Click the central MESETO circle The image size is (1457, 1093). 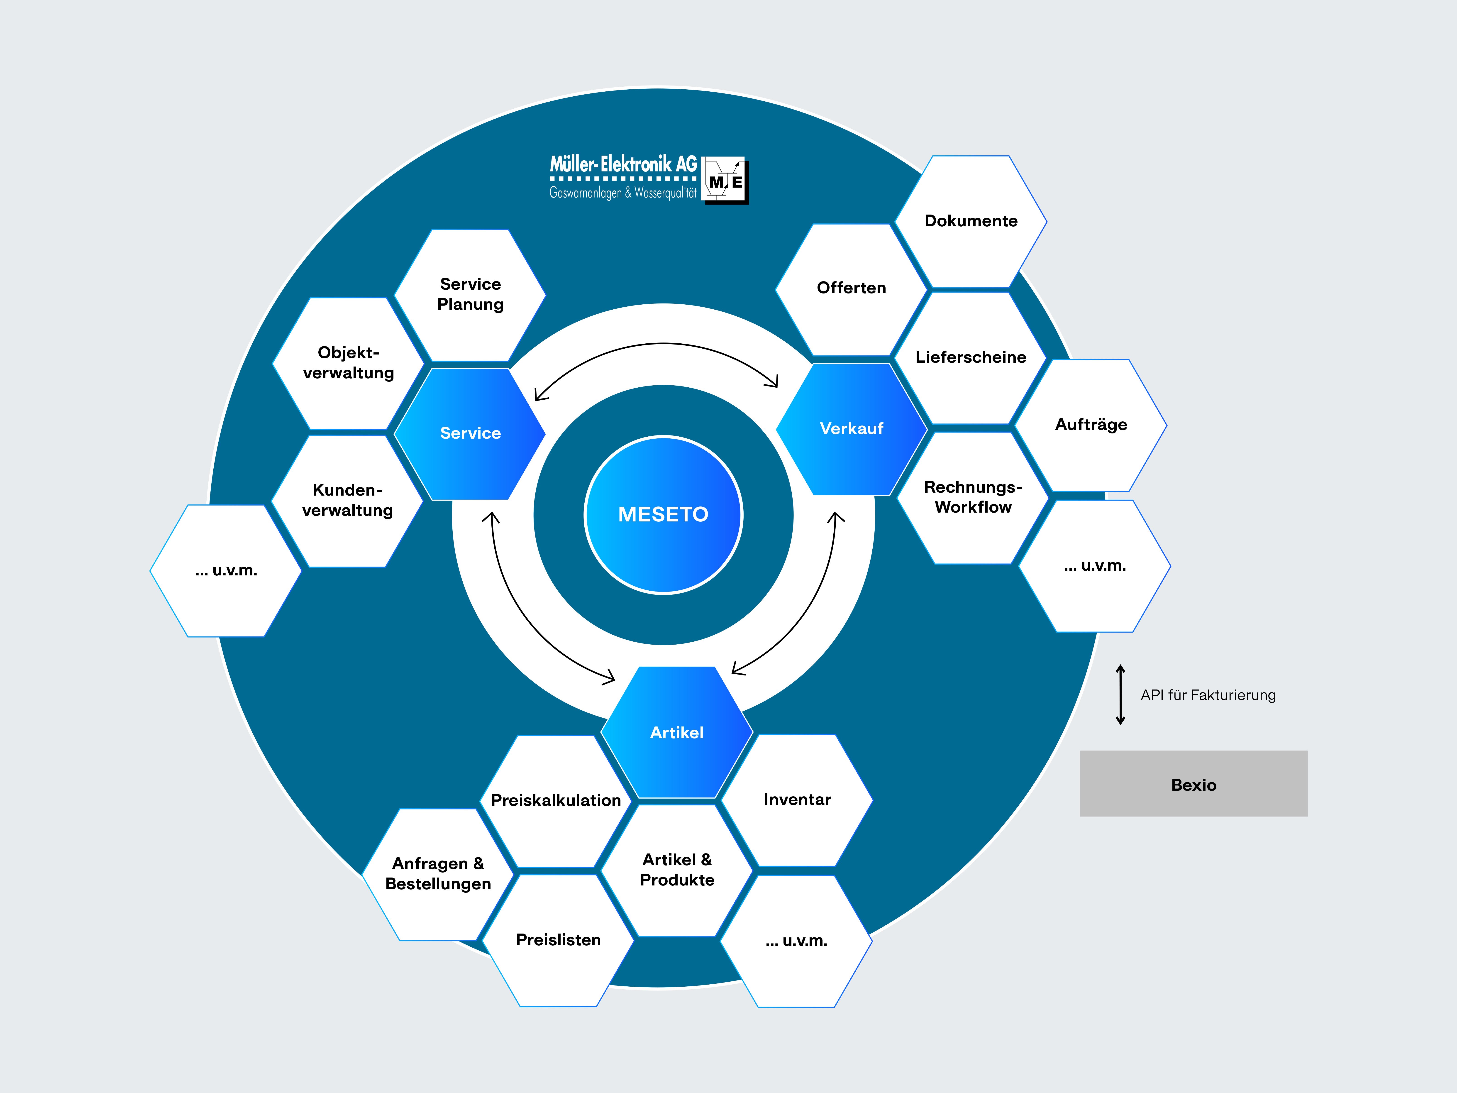[x=663, y=515]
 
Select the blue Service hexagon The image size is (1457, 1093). [x=470, y=433]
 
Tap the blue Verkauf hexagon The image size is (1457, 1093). [x=852, y=429]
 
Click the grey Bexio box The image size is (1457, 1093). [x=1193, y=783]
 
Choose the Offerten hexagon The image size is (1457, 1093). [x=852, y=289]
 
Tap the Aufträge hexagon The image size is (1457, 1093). [x=1091, y=425]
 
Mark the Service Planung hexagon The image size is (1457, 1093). [x=470, y=295]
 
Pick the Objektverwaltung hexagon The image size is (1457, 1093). [x=349, y=364]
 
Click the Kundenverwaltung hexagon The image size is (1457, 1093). [x=347, y=501]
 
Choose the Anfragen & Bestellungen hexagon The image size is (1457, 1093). [x=438, y=874]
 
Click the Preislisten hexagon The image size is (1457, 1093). [x=558, y=940]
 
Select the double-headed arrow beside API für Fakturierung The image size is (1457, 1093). [x=1120, y=695]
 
